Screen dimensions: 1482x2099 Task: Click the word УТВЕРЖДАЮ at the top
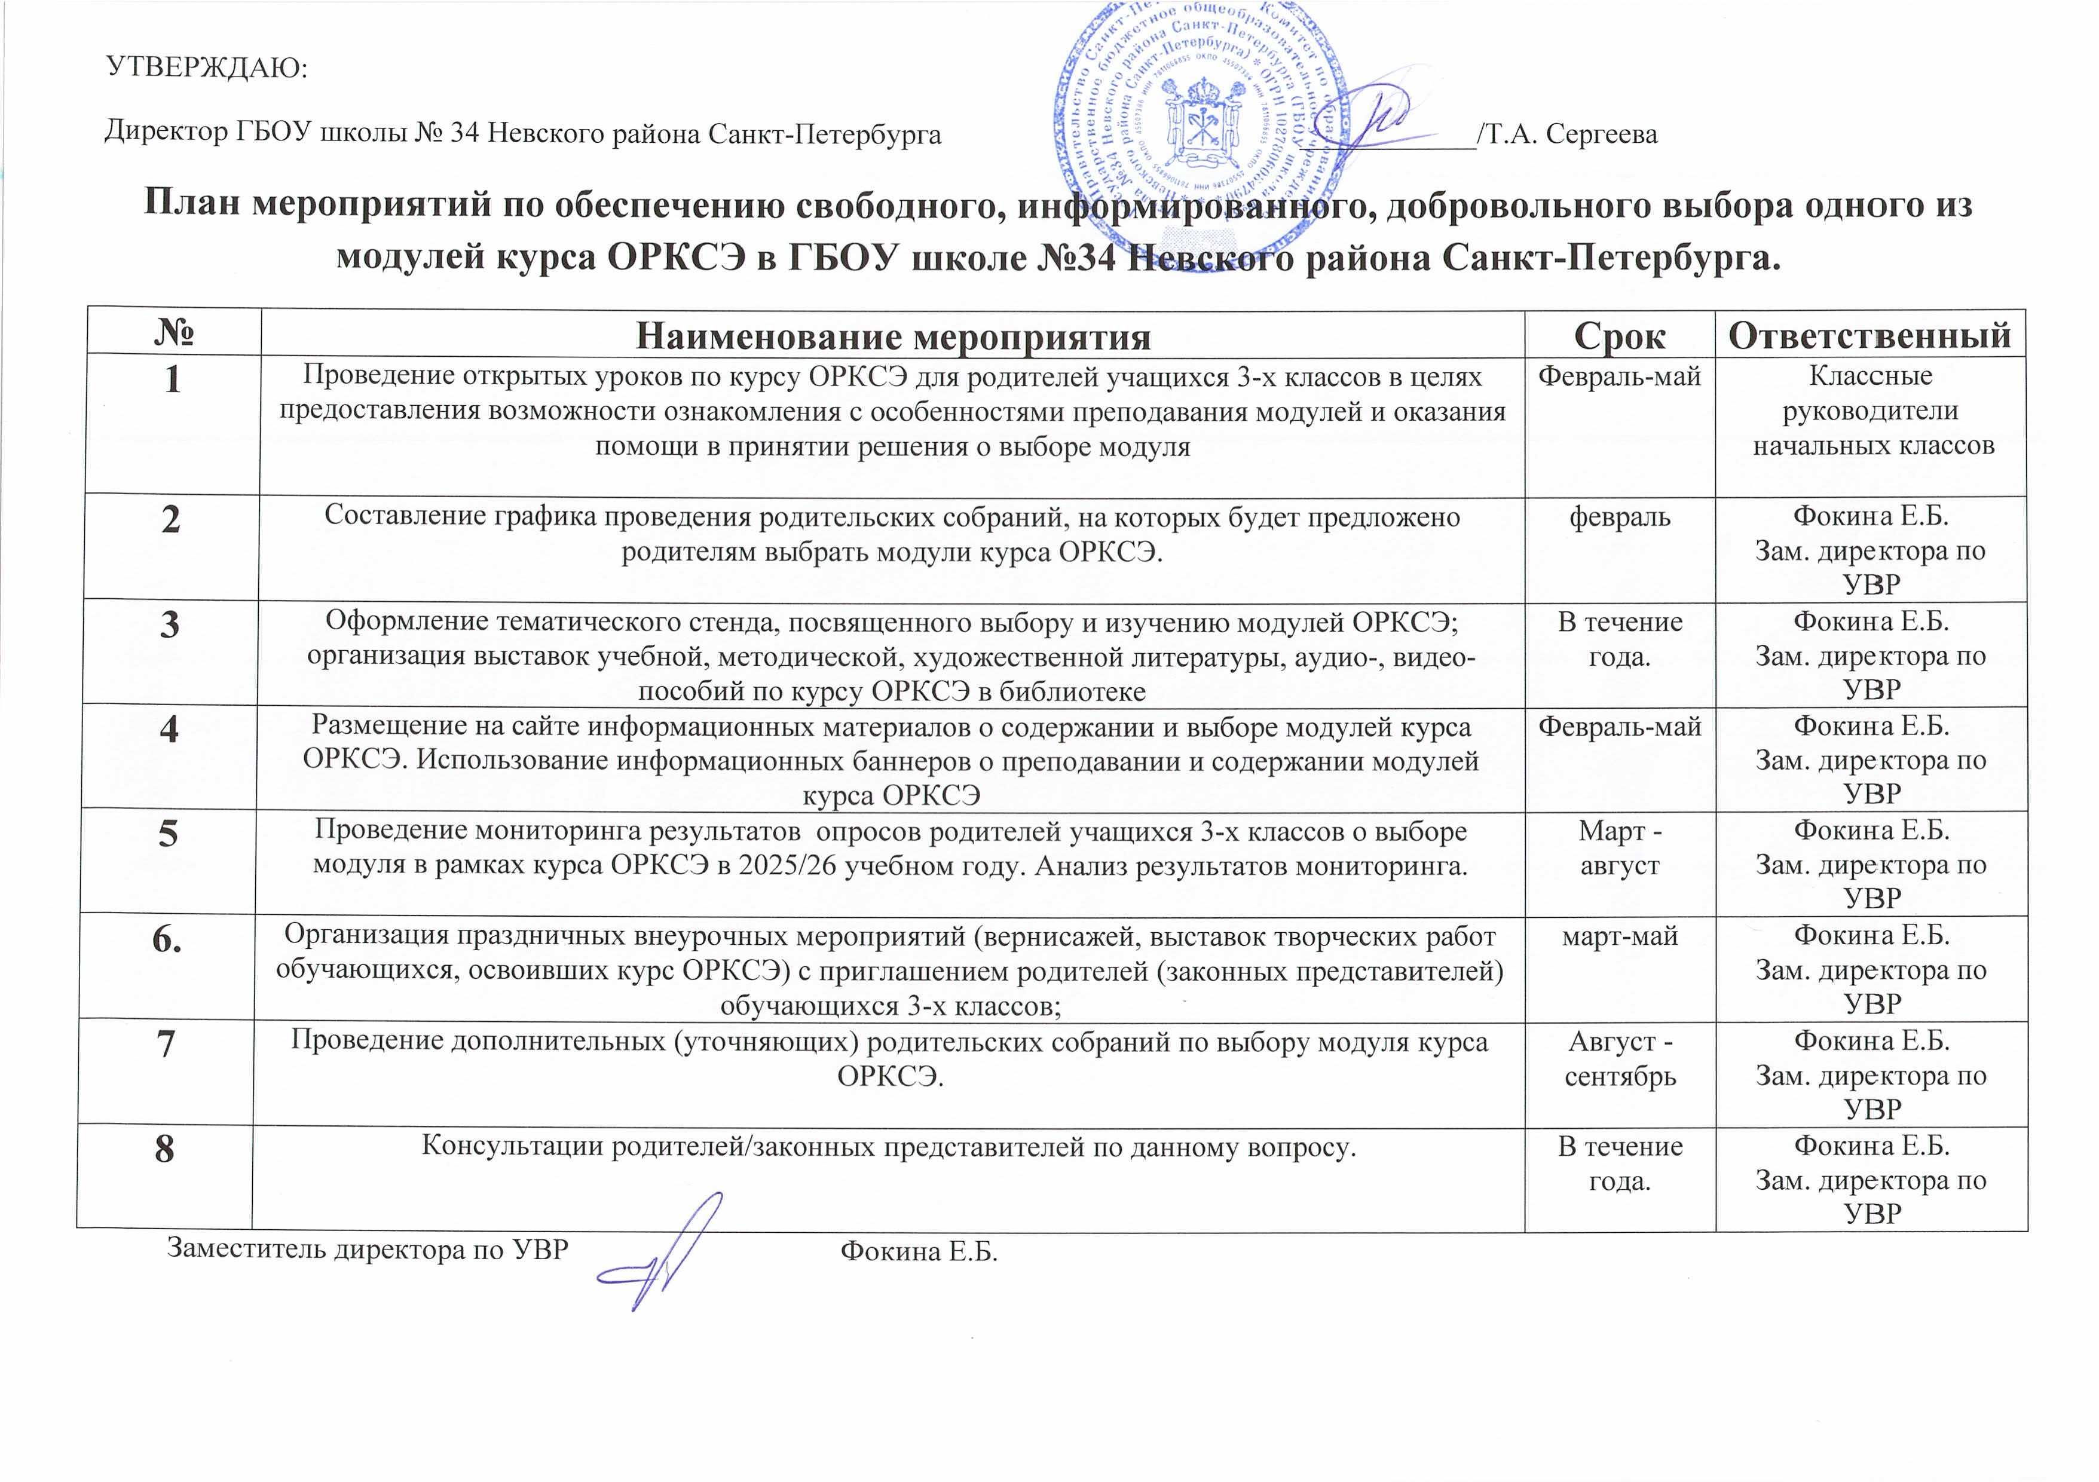click(207, 68)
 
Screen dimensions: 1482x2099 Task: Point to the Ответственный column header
click(1869, 335)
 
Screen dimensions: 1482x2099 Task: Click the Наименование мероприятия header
click(892, 336)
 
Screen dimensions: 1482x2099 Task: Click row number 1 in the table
click(172, 378)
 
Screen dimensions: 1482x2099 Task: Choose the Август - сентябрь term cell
click(1620, 1059)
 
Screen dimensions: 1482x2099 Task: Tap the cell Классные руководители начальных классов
click(1871, 411)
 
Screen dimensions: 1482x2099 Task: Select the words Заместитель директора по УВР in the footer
click(368, 1249)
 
